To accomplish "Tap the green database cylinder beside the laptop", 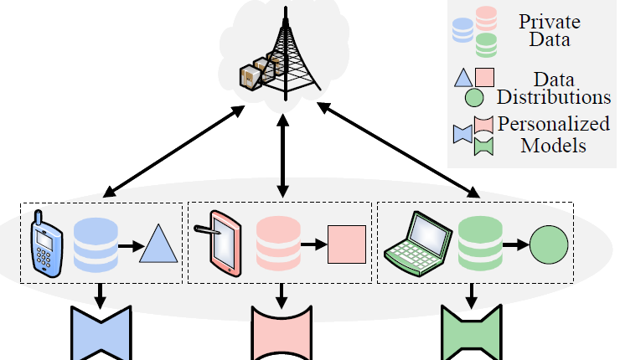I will click(478, 244).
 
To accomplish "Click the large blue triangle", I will click(159, 245).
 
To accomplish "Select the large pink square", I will click(346, 244).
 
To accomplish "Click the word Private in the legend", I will click(549, 22).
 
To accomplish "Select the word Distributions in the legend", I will click(554, 97).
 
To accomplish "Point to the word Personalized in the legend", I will click(554, 124).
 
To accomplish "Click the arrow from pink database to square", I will click(313, 245).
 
